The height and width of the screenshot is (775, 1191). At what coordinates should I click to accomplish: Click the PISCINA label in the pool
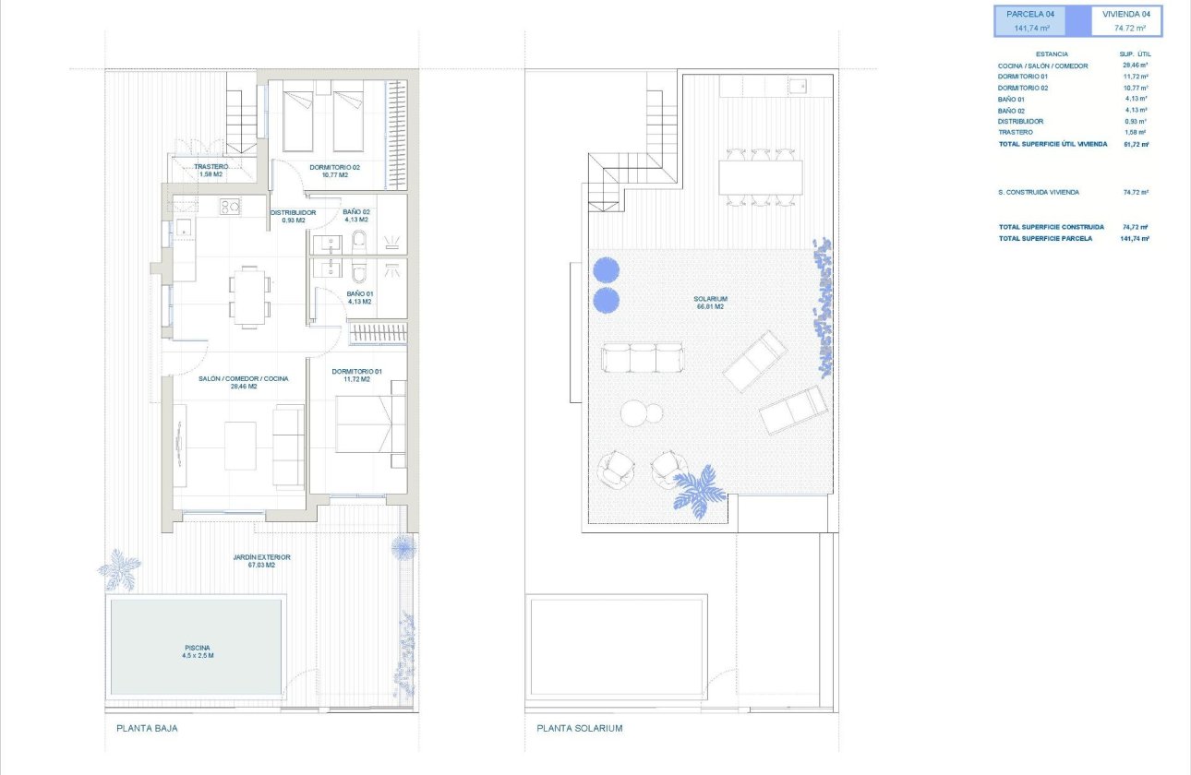tap(196, 647)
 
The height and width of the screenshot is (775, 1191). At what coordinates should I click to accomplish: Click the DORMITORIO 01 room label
tap(356, 372)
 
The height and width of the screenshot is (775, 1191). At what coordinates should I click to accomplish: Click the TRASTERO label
tap(211, 167)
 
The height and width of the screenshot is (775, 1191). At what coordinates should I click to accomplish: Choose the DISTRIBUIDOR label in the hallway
tap(293, 212)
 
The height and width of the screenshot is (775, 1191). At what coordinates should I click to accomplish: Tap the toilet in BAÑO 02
tap(360, 243)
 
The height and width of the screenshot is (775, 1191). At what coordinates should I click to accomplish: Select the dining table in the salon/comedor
tap(250, 296)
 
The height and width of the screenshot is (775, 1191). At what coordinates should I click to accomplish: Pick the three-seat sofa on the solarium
tap(643, 358)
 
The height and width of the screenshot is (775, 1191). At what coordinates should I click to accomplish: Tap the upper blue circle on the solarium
tap(606, 269)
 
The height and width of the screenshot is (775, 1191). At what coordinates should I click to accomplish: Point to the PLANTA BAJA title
tap(147, 728)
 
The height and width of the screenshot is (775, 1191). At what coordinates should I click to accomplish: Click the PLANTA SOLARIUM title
tap(580, 728)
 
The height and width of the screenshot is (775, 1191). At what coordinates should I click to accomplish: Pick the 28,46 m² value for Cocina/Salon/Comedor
tap(1135, 66)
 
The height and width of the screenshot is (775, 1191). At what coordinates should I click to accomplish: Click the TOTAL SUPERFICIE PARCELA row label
tap(1045, 238)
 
